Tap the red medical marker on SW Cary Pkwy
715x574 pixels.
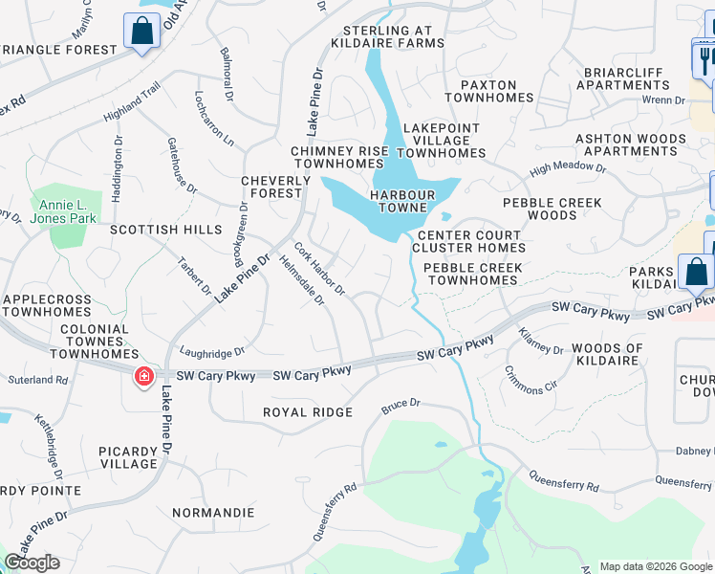click(144, 378)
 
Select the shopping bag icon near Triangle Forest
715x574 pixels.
click(142, 32)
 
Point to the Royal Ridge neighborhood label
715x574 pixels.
click(309, 412)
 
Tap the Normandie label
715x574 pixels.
click(213, 513)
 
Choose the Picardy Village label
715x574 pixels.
click(127, 457)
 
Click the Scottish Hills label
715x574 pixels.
click(165, 231)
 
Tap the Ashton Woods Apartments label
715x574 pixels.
click(630, 144)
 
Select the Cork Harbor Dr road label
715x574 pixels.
click(319, 269)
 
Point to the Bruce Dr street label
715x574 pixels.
click(401, 405)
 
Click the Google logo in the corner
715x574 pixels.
click(32, 563)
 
